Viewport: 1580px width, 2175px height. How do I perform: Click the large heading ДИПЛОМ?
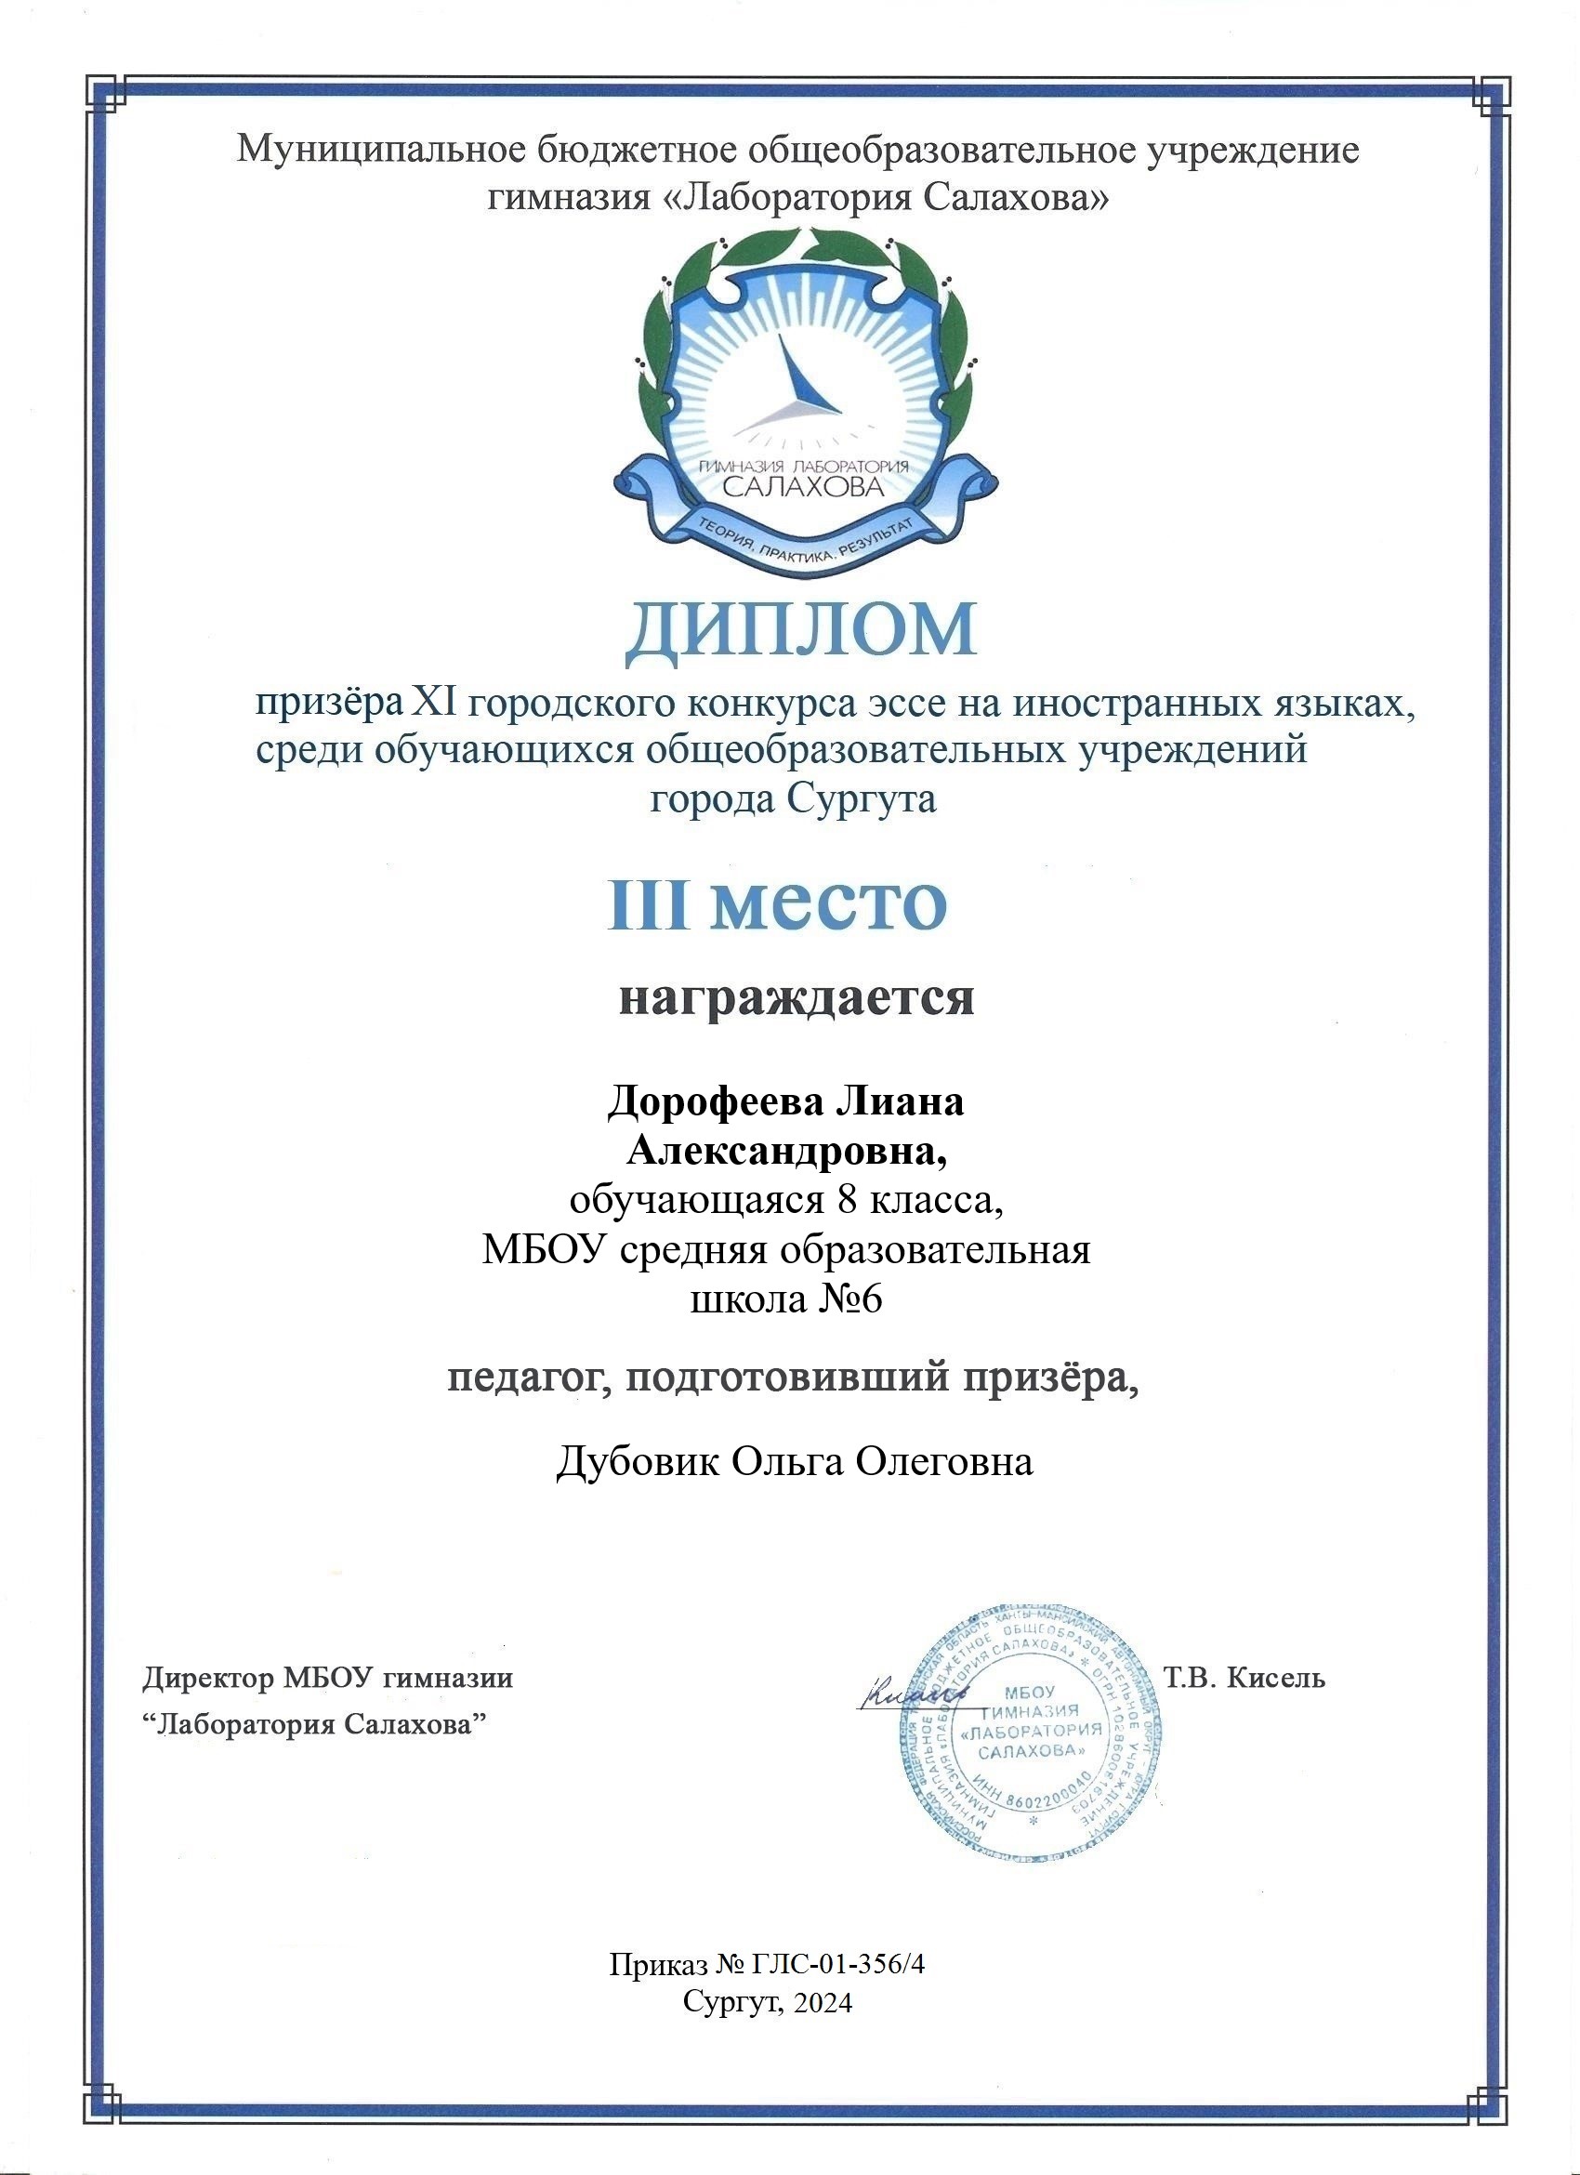tap(801, 634)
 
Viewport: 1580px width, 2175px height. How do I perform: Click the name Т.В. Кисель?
tap(1244, 1679)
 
